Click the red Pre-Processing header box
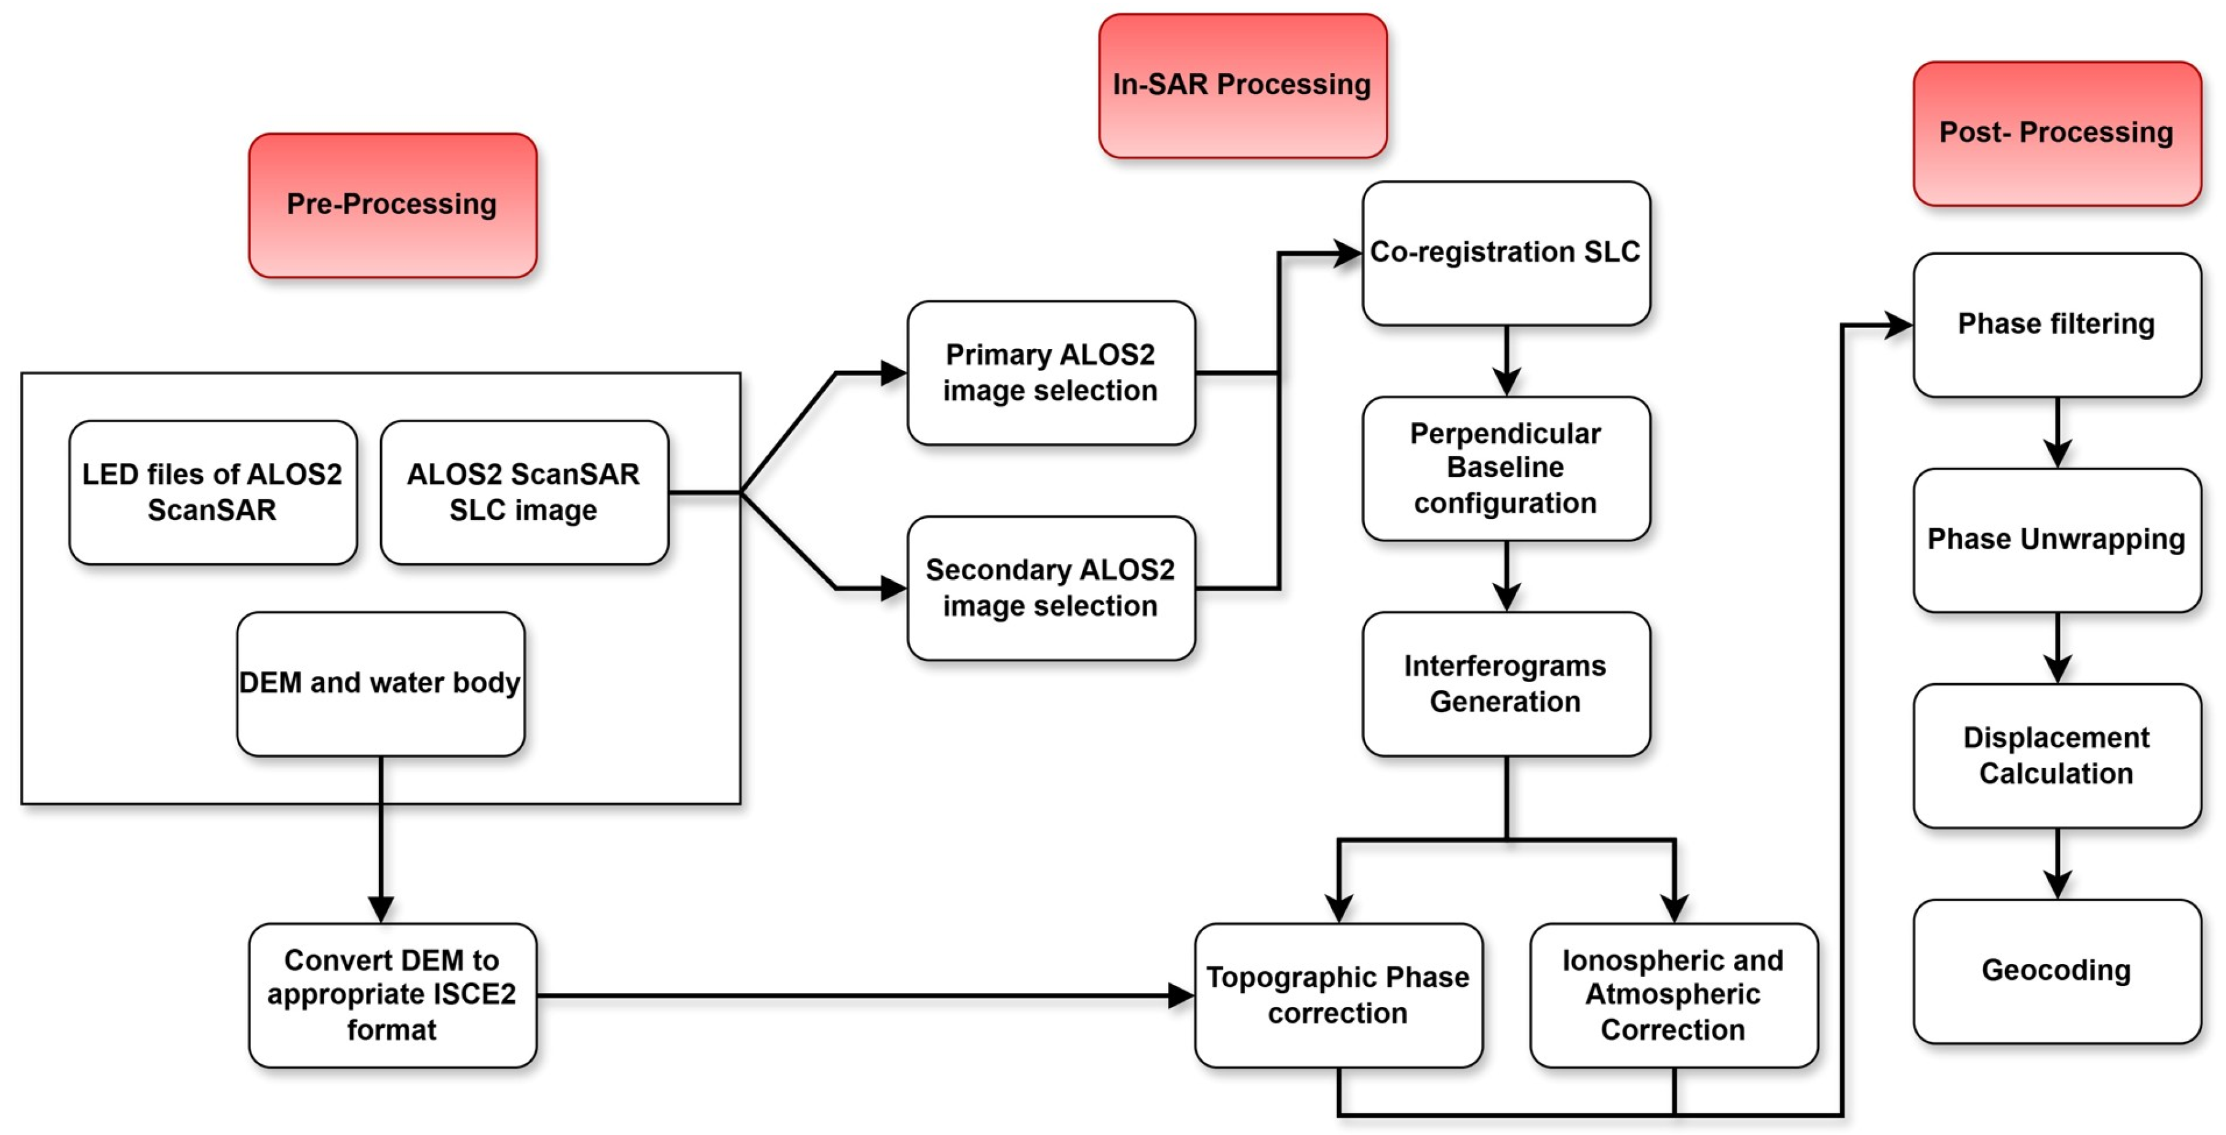pyautogui.click(x=392, y=205)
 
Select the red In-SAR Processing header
pyautogui.click(x=1242, y=85)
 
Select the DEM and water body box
pyautogui.click(x=380, y=683)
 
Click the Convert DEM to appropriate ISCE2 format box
pyautogui.click(x=392, y=995)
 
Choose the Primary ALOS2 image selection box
pyautogui.click(x=1051, y=372)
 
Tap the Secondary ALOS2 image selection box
pyautogui.click(x=1051, y=588)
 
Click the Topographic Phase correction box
pyautogui.click(x=1338, y=995)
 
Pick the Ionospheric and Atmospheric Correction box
pyautogui.click(x=1673, y=995)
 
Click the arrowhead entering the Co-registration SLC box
pyautogui.click(x=1348, y=253)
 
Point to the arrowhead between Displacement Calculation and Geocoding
pyautogui.click(x=2057, y=883)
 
